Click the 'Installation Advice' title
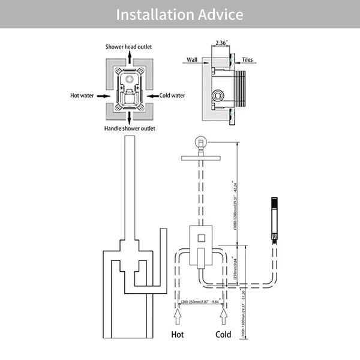click(x=180, y=14)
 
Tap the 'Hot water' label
click(x=83, y=95)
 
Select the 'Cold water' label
click(x=172, y=95)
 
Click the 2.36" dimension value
click(x=221, y=43)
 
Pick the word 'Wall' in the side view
click(x=192, y=60)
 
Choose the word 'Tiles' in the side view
click(x=248, y=60)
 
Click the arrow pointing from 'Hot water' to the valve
click(x=104, y=95)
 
